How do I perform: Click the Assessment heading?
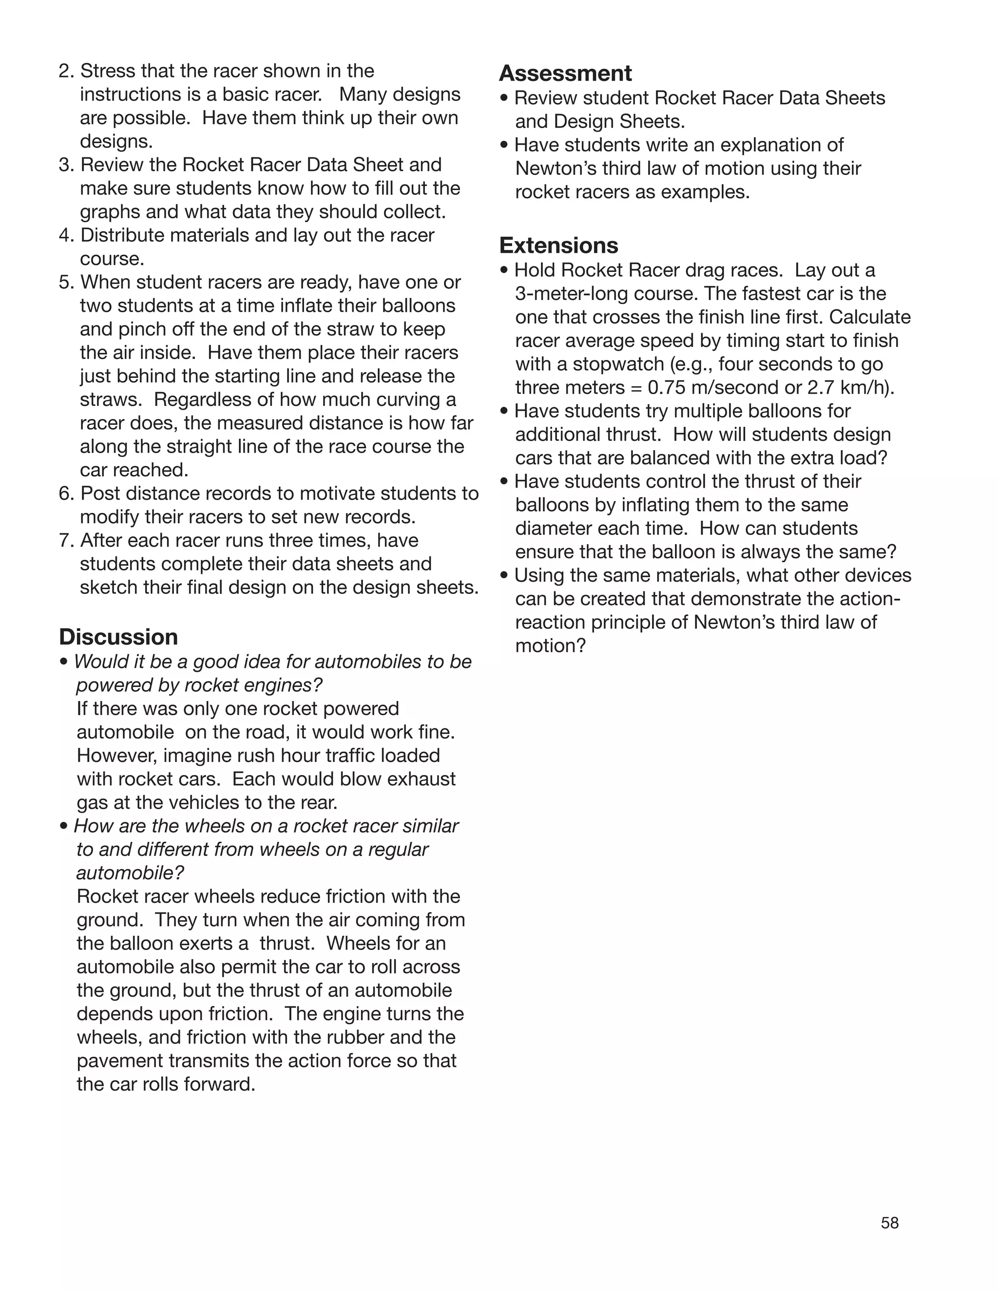(x=565, y=73)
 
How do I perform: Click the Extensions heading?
(x=559, y=246)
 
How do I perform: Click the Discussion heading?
(x=118, y=637)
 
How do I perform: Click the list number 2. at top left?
(x=66, y=71)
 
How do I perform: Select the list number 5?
(x=66, y=282)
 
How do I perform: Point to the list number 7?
(x=66, y=540)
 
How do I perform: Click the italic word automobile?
(x=130, y=873)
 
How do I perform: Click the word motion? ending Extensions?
(x=550, y=645)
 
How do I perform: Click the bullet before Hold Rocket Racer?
(x=504, y=271)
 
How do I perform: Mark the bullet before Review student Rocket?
(x=504, y=98)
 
